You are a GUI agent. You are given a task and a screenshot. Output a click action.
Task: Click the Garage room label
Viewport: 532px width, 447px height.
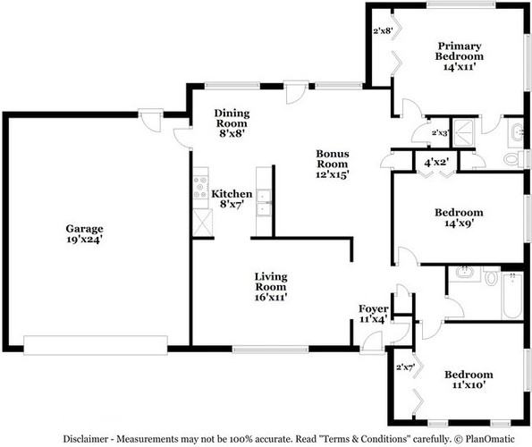point(84,229)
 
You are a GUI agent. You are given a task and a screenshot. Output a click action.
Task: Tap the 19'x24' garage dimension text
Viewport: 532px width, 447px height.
point(84,239)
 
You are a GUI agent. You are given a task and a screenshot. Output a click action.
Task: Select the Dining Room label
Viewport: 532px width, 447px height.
point(232,118)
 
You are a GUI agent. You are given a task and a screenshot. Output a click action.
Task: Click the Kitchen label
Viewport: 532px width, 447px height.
point(232,194)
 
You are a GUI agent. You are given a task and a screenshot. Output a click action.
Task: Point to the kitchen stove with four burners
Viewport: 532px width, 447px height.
point(200,188)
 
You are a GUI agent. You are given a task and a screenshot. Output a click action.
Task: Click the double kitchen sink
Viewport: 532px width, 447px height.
point(264,202)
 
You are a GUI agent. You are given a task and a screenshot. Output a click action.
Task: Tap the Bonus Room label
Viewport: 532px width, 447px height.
point(332,159)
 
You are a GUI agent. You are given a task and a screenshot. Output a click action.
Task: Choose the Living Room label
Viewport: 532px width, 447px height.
point(271,282)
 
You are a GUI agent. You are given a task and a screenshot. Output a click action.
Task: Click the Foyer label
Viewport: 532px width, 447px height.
point(374,308)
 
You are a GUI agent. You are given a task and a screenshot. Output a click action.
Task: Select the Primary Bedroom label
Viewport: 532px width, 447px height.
point(460,51)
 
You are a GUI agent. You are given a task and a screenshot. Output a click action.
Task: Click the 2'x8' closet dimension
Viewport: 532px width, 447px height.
point(383,31)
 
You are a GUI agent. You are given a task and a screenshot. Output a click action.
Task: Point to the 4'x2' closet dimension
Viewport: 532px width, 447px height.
point(436,162)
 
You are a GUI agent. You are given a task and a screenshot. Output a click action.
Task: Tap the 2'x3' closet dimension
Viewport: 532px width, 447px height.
point(440,132)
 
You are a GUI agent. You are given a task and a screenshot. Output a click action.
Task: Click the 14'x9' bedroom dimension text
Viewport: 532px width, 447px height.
point(459,223)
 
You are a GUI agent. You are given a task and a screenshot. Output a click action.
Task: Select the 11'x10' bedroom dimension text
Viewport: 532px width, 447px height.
point(469,385)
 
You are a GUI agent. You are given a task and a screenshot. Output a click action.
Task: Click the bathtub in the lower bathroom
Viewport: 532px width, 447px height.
point(512,295)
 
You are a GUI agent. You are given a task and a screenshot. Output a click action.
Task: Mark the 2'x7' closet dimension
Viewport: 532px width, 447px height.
point(406,367)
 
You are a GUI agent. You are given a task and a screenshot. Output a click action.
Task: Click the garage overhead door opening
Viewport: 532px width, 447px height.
point(96,345)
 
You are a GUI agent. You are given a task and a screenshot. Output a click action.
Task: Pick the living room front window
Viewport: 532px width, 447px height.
point(270,349)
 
